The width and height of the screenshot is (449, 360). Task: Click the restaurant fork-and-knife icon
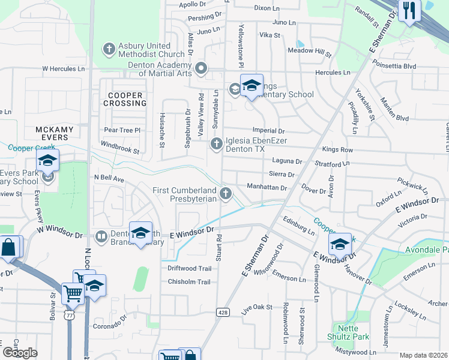click(x=410, y=11)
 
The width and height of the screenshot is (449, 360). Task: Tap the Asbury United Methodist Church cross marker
click(x=109, y=48)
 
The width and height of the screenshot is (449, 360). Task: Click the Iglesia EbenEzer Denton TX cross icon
click(x=216, y=143)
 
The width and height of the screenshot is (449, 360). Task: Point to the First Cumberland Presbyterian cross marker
click(x=226, y=193)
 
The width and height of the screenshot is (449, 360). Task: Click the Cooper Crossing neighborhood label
click(x=125, y=99)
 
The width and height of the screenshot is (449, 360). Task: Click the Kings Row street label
click(x=338, y=149)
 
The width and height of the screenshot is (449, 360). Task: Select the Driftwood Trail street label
click(x=189, y=268)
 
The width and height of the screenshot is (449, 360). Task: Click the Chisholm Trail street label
click(x=189, y=281)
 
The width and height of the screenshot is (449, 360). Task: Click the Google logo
click(x=20, y=353)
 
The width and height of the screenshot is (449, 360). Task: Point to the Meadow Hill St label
click(x=310, y=50)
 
